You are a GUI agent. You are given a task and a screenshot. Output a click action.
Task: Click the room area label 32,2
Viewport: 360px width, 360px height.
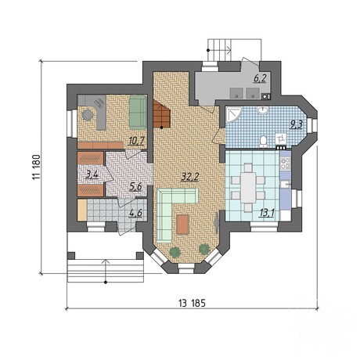tap(190, 177)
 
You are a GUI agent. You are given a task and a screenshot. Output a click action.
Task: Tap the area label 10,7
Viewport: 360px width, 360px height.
tap(136, 141)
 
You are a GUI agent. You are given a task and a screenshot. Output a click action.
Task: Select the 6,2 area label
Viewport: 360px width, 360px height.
tap(260, 78)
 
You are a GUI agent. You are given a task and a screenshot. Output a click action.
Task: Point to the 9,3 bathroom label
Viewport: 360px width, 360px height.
tap(296, 124)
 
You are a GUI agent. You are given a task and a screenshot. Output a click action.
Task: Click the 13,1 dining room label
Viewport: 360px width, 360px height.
tap(267, 213)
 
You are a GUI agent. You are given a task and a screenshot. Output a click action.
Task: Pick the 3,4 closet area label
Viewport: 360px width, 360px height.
tap(92, 175)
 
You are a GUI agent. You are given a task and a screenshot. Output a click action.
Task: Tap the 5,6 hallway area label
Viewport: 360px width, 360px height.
tap(135, 186)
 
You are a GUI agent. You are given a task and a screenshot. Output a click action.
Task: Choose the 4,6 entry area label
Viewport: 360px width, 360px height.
tap(135, 213)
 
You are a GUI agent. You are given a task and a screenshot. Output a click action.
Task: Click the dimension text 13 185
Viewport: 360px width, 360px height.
tap(192, 303)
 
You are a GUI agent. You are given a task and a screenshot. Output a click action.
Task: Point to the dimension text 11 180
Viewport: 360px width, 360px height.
tap(36, 167)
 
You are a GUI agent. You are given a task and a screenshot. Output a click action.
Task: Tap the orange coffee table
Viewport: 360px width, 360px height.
tap(182, 224)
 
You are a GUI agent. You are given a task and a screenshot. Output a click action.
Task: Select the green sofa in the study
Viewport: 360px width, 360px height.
tap(139, 112)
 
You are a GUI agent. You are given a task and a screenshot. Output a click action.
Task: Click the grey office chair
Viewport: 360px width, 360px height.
tap(88, 114)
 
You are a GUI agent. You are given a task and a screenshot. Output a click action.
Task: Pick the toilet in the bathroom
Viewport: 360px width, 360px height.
tap(264, 141)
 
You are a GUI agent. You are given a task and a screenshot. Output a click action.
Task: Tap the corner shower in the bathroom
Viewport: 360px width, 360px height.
tap(232, 114)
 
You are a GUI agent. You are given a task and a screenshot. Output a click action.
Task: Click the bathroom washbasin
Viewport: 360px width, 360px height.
tap(262, 110)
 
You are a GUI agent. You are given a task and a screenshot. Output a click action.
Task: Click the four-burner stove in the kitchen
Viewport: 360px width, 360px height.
tap(285, 163)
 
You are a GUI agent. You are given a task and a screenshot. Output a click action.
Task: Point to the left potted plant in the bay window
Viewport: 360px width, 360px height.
tap(175, 252)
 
